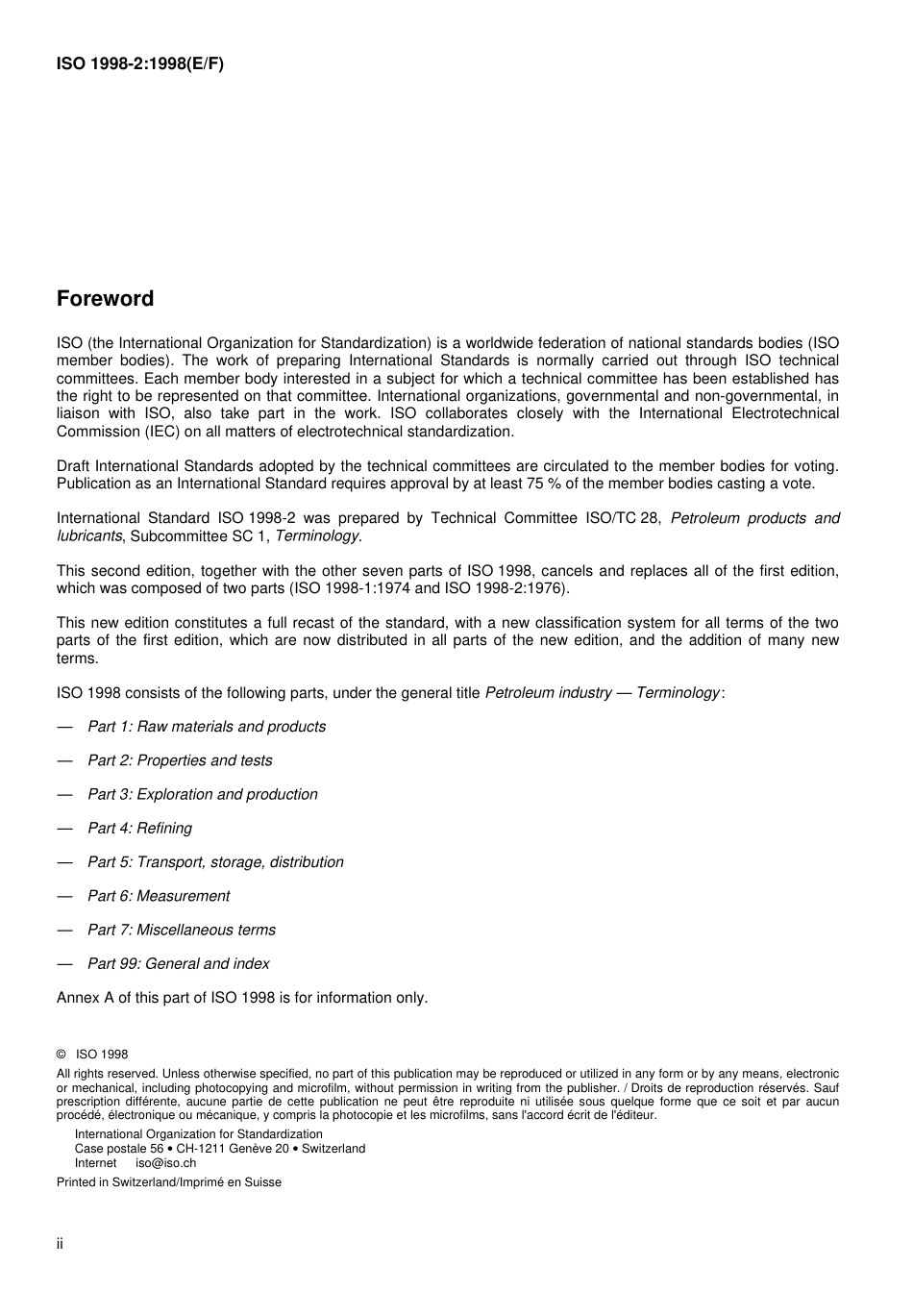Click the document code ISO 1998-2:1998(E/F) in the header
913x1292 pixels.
point(140,64)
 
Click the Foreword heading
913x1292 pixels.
point(105,299)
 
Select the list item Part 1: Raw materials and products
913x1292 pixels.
point(207,727)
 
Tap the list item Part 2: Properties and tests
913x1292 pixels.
point(180,760)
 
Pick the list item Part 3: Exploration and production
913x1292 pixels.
point(202,794)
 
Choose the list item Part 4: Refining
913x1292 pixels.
point(139,828)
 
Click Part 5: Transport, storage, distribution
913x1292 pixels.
point(215,862)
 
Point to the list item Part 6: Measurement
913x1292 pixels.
point(159,896)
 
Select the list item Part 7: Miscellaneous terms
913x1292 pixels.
point(181,930)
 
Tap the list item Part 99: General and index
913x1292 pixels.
point(178,963)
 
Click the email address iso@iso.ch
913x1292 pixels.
point(165,1162)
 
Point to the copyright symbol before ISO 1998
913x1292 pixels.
point(62,1054)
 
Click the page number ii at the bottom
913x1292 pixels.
point(60,1244)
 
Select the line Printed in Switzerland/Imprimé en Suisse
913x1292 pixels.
point(169,1182)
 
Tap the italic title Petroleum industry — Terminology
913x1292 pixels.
point(603,692)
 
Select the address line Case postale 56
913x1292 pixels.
point(118,1149)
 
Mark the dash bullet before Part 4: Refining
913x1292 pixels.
point(64,828)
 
